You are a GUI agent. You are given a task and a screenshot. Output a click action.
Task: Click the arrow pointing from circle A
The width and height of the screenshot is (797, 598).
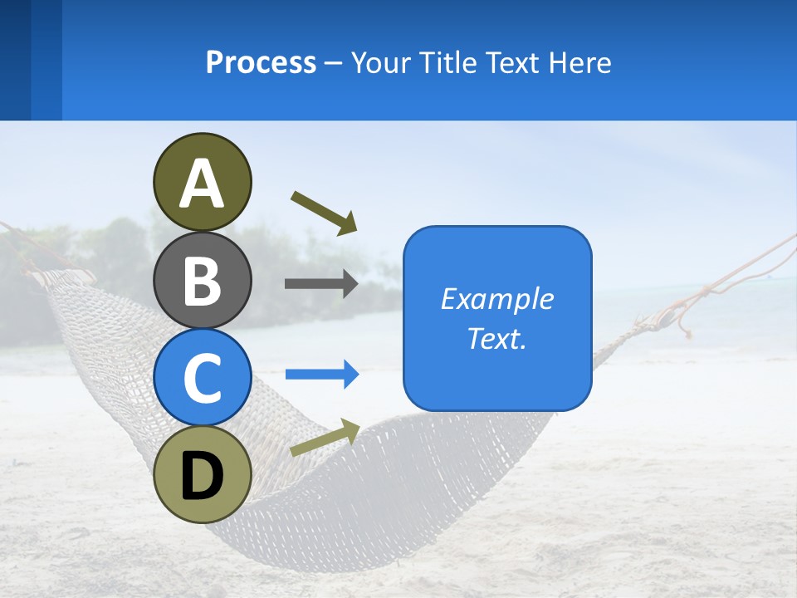click(x=324, y=213)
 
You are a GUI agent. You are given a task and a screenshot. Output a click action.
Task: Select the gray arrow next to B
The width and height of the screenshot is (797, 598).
click(x=321, y=284)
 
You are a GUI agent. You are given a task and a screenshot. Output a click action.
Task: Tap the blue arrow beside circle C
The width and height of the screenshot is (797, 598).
click(x=322, y=375)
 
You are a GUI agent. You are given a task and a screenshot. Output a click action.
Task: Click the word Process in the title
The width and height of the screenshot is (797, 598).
click(x=261, y=62)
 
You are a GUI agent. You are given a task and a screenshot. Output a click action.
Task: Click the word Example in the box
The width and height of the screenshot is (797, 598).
click(x=496, y=299)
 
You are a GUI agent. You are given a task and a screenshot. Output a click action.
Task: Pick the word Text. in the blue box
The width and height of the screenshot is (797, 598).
click(x=496, y=339)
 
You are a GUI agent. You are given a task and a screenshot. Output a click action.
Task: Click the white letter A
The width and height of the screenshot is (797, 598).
click(x=202, y=184)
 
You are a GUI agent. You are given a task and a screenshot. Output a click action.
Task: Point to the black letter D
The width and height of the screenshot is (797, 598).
click(x=202, y=476)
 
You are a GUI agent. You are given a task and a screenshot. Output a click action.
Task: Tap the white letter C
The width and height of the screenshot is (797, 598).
click(x=202, y=378)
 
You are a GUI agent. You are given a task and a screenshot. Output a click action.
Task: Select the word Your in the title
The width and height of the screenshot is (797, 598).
click(x=381, y=62)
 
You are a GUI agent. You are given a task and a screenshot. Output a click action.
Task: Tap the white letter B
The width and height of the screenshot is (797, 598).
click(x=202, y=281)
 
